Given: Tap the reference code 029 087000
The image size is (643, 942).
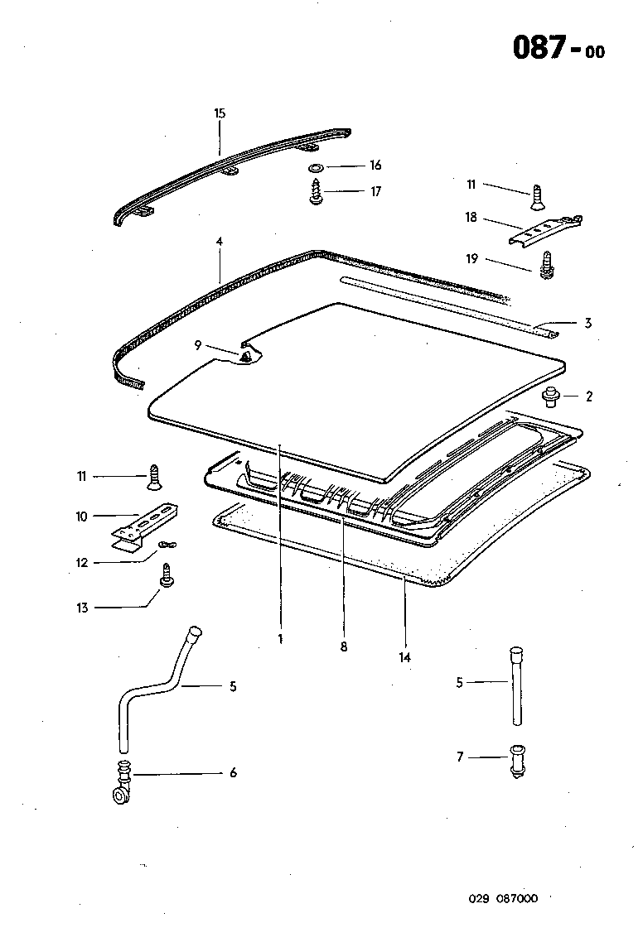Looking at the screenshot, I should pyautogui.click(x=503, y=898).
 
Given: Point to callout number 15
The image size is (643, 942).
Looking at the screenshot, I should pyautogui.click(x=220, y=113).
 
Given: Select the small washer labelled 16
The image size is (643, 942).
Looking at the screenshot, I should pyautogui.click(x=316, y=168).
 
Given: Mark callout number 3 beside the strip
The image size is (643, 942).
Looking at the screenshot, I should pyautogui.click(x=587, y=323).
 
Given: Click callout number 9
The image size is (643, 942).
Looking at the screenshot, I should pyautogui.click(x=199, y=346).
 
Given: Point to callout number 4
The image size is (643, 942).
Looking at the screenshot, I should pyautogui.click(x=220, y=242).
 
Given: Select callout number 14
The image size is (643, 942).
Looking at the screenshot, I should pyautogui.click(x=405, y=657).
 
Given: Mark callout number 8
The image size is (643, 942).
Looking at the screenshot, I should pyautogui.click(x=343, y=646).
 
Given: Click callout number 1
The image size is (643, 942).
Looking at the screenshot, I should pyautogui.click(x=281, y=639).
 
